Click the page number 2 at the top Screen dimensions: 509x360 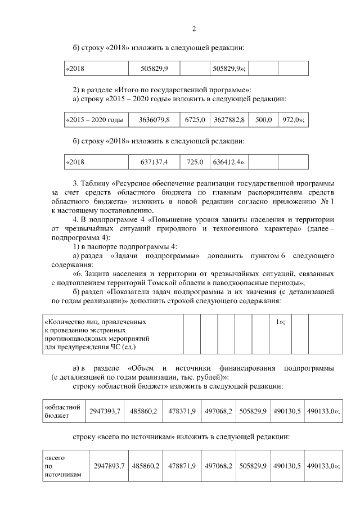point(193,29)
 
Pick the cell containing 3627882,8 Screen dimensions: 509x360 point(229,120)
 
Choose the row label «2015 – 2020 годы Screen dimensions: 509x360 point(94,120)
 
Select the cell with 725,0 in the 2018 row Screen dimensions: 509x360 point(195,163)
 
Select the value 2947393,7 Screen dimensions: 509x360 point(105,412)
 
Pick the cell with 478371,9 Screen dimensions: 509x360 point(182,412)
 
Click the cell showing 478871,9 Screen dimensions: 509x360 point(182,466)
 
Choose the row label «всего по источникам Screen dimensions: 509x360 point(59,466)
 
